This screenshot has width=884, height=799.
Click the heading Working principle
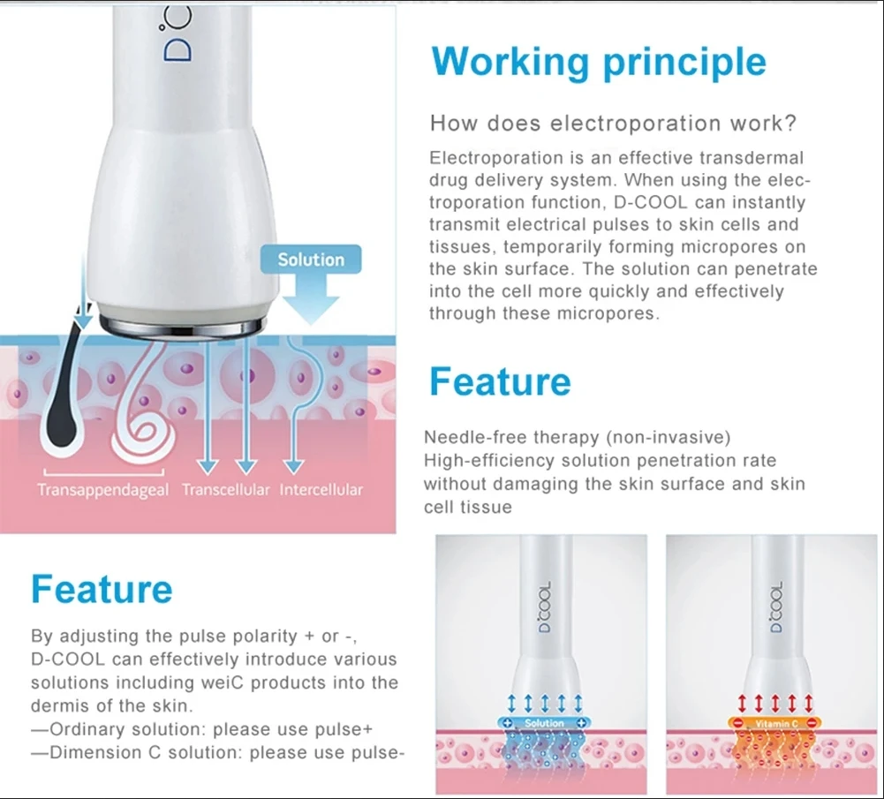[599, 62]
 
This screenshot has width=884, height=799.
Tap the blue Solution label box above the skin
[311, 260]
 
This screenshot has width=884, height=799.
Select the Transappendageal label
[102, 490]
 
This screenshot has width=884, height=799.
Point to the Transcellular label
[226, 490]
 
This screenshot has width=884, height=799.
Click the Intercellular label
[321, 490]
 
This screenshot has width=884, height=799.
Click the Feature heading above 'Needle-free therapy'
[500, 381]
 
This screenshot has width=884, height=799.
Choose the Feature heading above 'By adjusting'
[102, 589]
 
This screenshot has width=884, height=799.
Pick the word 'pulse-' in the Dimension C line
[374, 753]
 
